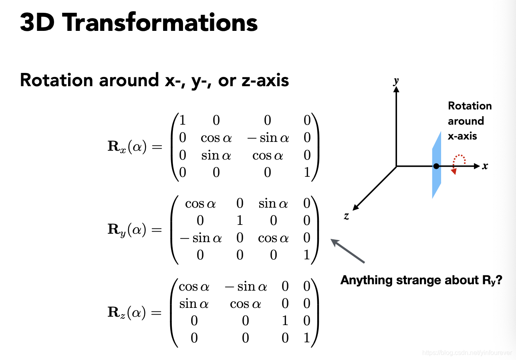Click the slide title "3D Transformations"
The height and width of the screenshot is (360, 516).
click(x=139, y=22)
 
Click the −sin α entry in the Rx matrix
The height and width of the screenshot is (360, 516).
click(x=268, y=138)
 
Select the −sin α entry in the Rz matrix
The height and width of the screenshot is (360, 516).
click(x=245, y=287)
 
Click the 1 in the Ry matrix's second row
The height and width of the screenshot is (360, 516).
click(x=240, y=220)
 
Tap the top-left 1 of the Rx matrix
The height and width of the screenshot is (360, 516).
click(x=183, y=120)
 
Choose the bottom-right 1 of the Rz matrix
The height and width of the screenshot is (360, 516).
click(x=306, y=338)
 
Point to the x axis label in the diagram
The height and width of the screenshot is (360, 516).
click(x=485, y=166)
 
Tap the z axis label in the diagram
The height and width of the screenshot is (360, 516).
click(x=346, y=216)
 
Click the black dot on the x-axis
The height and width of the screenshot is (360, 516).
click(x=436, y=166)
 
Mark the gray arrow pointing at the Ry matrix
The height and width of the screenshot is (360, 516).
click(x=347, y=251)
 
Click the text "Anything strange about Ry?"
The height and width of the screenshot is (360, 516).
click(x=421, y=280)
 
